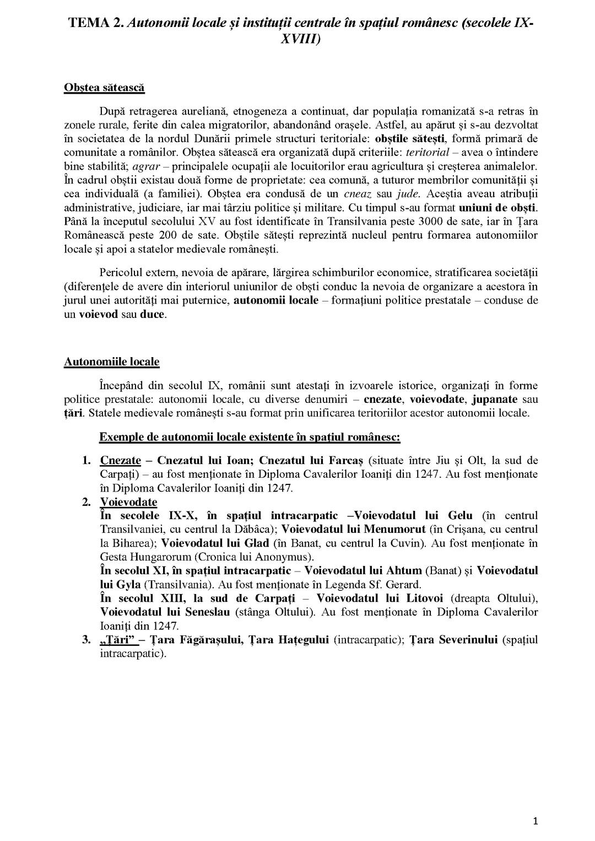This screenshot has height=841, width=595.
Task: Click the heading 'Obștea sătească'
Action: pos(104,88)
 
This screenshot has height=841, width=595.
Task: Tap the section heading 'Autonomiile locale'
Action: pos(111,362)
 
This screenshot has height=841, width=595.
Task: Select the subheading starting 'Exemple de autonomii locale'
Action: pos(250,437)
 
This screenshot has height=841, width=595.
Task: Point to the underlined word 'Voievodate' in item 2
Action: pos(128,502)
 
